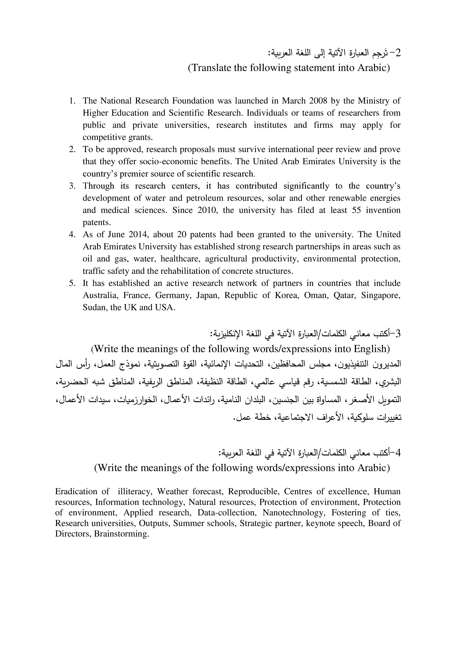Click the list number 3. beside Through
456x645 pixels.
coord(72,186)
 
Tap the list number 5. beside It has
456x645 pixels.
coord(72,283)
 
